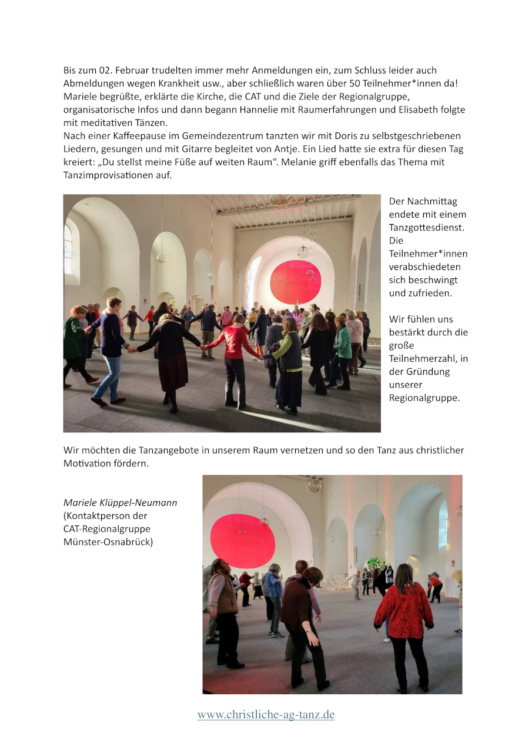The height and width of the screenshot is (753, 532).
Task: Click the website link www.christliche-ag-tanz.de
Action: click(x=266, y=715)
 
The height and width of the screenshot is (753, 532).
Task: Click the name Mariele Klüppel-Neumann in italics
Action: click(x=120, y=502)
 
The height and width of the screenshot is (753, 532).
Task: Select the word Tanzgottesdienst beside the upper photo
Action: click(x=422, y=228)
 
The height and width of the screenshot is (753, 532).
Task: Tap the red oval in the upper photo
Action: click(x=295, y=282)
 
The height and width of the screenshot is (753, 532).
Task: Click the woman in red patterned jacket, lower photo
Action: click(x=404, y=612)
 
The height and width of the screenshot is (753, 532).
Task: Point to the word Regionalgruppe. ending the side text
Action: click(x=424, y=398)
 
